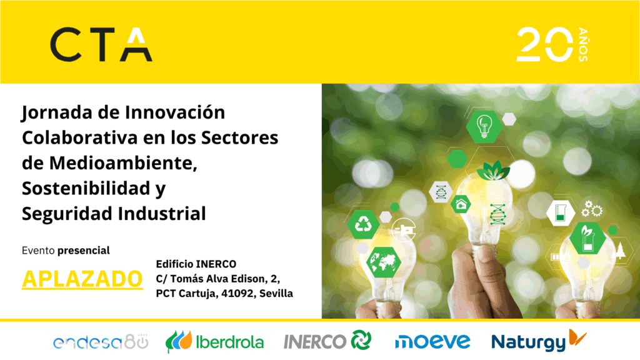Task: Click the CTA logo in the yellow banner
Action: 101,44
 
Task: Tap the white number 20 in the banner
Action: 545,44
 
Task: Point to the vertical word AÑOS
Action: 583,45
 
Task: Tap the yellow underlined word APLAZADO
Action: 82,279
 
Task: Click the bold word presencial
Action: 84,250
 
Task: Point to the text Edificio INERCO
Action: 196,264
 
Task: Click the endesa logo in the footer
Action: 101,342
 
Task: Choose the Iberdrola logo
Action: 215,341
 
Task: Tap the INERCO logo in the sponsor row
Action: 327,341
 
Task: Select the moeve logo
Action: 432,341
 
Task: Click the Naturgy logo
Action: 539,340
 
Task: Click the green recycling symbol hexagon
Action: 363,224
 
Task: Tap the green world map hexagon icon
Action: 383,262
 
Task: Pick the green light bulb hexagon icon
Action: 484,127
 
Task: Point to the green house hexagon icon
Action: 461,204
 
